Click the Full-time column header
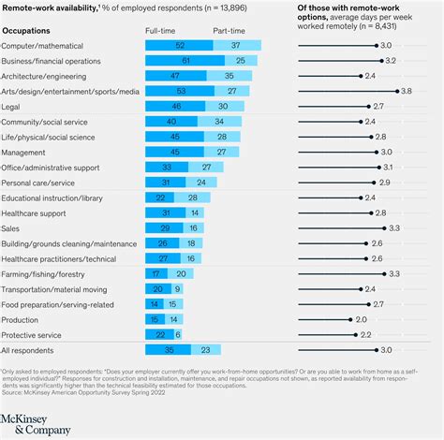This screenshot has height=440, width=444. [159, 31]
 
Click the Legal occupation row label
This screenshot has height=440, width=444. [13, 109]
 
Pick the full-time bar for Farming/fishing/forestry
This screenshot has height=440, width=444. [156, 272]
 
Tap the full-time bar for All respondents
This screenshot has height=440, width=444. [169, 349]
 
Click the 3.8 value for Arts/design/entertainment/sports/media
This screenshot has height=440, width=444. [406, 91]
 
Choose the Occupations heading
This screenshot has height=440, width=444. [27, 31]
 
